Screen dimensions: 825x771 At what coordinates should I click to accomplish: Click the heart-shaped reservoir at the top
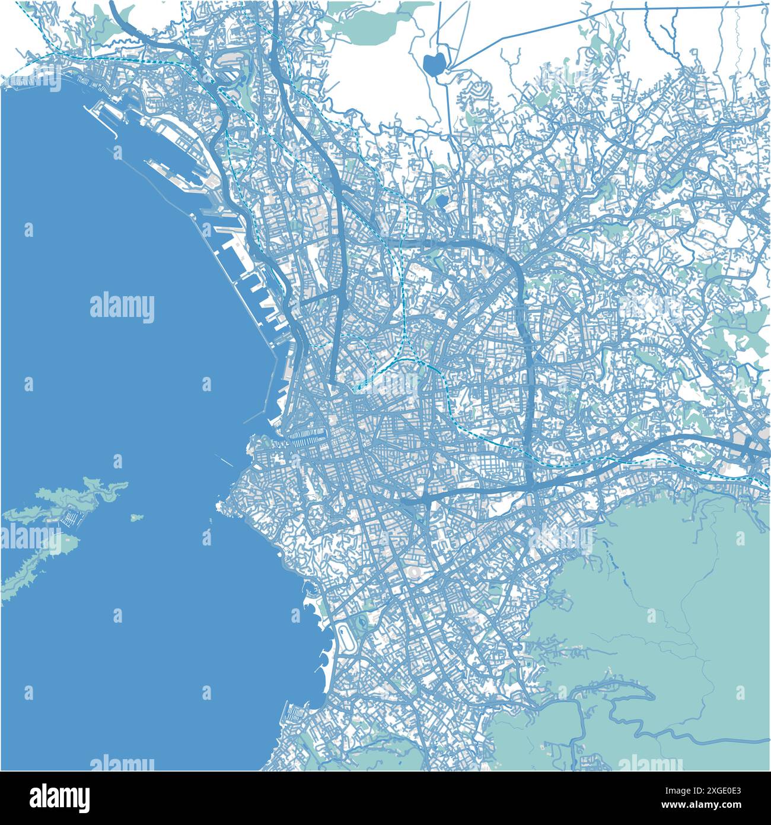(x=435, y=64)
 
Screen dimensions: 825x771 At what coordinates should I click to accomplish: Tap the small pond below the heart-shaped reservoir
(x=442, y=201)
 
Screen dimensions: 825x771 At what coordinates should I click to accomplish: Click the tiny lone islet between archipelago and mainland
(x=136, y=518)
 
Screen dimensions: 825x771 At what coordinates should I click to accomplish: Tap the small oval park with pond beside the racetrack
(x=360, y=623)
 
